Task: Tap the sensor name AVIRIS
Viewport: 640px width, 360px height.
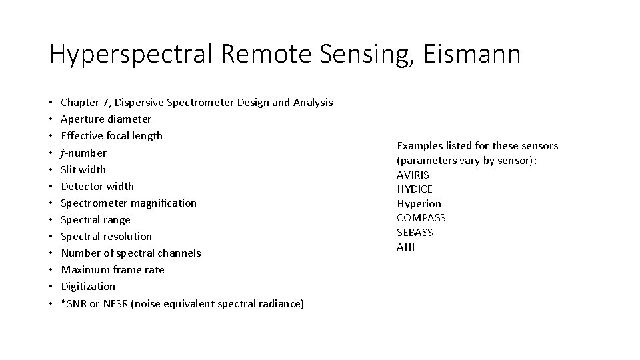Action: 413,175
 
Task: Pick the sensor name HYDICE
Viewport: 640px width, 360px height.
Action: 415,189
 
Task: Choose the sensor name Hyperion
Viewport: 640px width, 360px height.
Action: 419,203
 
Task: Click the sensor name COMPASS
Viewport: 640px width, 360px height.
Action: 421,218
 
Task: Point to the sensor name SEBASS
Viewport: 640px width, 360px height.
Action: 415,233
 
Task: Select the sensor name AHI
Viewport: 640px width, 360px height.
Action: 405,247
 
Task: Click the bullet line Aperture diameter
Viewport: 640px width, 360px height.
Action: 106,119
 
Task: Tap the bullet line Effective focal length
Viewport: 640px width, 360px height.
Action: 111,136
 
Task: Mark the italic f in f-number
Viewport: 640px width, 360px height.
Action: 63,153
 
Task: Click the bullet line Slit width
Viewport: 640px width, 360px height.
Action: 83,169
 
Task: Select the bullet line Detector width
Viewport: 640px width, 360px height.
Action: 97,186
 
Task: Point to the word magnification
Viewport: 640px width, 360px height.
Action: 163,203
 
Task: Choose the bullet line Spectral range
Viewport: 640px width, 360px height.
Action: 95,219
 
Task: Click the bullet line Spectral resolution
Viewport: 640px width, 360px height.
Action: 106,236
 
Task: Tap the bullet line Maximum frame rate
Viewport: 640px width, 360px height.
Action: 112,269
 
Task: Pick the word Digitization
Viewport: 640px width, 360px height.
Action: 88,286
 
